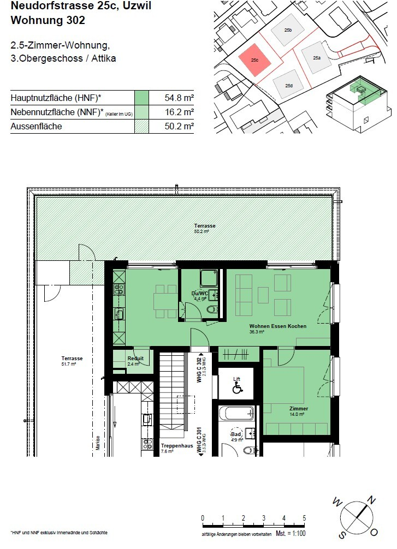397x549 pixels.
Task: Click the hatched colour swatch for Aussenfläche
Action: [142, 126]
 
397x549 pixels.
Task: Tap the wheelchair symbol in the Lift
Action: [237, 389]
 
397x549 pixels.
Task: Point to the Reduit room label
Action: [135, 359]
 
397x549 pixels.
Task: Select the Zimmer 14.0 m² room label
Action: [299, 410]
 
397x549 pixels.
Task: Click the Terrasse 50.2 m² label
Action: [205, 226]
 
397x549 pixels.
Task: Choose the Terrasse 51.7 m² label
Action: [72, 360]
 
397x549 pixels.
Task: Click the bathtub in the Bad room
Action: [236, 412]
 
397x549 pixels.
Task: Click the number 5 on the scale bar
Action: [304, 518]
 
